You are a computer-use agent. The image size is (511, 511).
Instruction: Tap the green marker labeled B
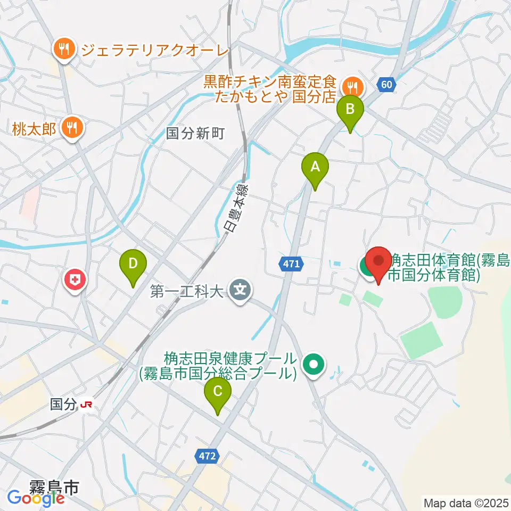pos(350,110)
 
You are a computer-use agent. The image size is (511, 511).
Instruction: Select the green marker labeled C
pos(218,392)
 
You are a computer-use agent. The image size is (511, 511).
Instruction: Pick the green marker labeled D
pos(133,265)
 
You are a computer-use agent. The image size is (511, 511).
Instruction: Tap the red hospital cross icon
pos(75,279)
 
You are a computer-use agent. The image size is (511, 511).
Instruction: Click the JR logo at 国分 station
pos(86,405)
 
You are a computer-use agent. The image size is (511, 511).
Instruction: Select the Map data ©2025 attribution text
pos(466,502)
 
